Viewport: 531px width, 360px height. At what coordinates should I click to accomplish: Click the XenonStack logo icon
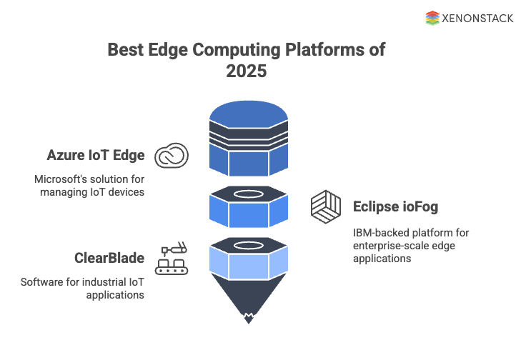pos(432,19)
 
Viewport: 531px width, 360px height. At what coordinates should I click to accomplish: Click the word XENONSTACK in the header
pos(478,19)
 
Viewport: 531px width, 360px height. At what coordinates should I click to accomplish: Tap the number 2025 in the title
pos(247,71)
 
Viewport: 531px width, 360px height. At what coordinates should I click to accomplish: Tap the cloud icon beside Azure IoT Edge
pos(172,155)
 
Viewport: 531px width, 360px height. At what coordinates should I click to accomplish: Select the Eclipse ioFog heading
pos(395,207)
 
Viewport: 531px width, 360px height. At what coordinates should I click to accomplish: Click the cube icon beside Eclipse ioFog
pos(326,206)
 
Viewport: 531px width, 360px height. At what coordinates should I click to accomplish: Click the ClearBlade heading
pos(109,258)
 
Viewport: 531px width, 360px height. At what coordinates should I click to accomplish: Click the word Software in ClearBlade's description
pos(42,281)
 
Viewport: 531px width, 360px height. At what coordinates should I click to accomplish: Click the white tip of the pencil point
pos(247,317)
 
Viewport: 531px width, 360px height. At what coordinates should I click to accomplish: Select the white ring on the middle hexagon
pos(247,195)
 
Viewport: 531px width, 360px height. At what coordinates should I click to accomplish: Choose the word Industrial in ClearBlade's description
pos(96,281)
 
